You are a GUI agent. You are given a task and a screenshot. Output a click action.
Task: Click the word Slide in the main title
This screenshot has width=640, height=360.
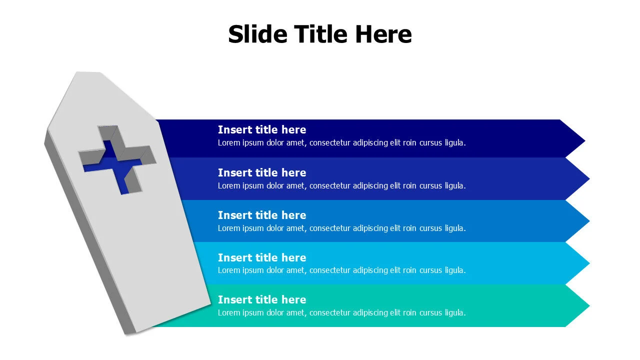coord(257,34)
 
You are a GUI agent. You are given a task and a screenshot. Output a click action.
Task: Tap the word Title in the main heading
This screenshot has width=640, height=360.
coord(321,34)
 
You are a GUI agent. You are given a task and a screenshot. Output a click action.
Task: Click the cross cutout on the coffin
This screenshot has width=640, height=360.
coord(117,160)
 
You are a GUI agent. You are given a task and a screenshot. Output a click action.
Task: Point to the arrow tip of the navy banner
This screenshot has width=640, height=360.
coord(585,140)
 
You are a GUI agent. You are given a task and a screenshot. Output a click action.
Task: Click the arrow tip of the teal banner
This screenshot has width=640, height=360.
coord(589,305)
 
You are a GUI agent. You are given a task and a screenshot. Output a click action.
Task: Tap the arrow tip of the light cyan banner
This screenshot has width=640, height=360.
coord(589,263)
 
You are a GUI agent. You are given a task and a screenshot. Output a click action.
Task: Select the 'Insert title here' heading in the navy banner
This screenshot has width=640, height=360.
coord(262,129)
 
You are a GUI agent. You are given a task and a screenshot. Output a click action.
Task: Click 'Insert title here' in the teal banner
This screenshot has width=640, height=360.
coord(262,299)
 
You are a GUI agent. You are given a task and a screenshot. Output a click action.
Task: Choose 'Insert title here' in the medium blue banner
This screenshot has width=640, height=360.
coord(262,215)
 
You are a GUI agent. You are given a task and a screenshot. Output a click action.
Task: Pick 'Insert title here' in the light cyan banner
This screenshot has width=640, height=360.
coord(262,257)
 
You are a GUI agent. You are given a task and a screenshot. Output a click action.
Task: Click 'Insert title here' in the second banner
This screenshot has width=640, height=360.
coord(262,172)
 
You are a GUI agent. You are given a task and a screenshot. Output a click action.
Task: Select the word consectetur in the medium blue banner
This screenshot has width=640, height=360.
coord(330,228)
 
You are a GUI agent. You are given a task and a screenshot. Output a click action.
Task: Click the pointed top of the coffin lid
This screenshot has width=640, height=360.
coord(88,72)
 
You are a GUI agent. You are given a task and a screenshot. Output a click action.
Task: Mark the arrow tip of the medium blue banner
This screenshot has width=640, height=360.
coord(589,221)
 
